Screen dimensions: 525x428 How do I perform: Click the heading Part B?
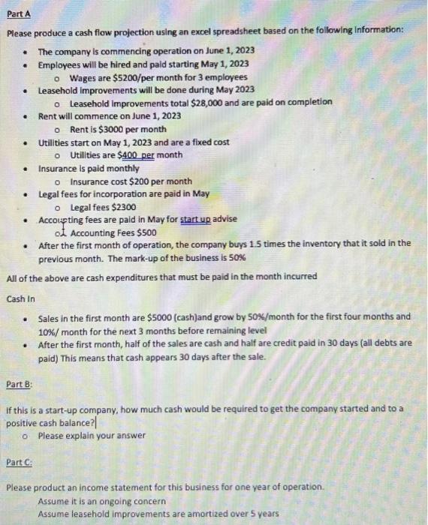[x=20, y=385]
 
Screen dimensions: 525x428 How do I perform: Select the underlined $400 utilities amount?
[x=131, y=154]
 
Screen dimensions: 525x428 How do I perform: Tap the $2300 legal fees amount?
[x=123, y=207]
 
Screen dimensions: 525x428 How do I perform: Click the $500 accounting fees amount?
[x=146, y=232]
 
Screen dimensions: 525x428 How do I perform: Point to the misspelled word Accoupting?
[x=62, y=219]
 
